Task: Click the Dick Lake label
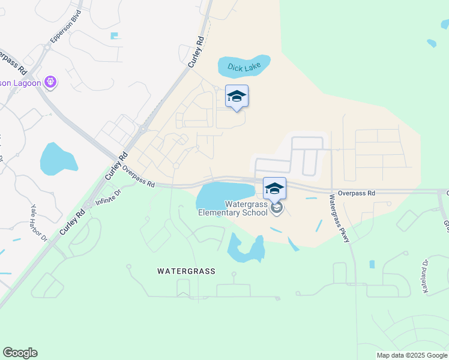pos(244,68)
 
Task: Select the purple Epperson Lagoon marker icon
pos(50,82)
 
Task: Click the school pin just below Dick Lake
pos(237,97)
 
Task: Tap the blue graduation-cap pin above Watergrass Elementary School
pos(274,188)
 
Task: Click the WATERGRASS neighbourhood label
pos(186,271)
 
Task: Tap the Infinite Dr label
pos(108,194)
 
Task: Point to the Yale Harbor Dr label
pos(40,221)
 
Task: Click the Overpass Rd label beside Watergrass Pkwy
pos(356,193)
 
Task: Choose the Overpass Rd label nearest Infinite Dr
pos(139,176)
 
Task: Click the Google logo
pos(20,353)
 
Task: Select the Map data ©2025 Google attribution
pos(411,355)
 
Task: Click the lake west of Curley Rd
pos(58,160)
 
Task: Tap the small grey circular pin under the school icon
pos(277,208)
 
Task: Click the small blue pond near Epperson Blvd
pos(115,36)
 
